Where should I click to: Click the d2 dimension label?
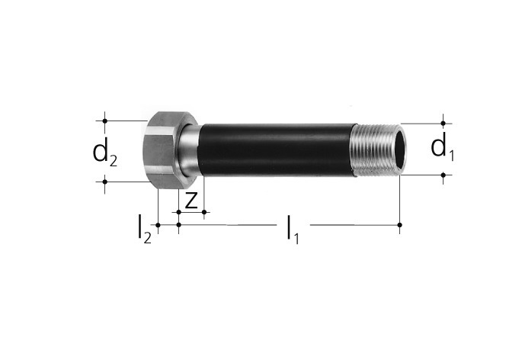pyautogui.click(x=105, y=153)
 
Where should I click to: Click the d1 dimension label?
pyautogui.click(x=443, y=147)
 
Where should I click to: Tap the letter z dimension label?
pyautogui.click(x=191, y=200)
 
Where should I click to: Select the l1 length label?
pyautogui.click(x=293, y=230)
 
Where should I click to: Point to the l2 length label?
pyautogui.click(x=145, y=230)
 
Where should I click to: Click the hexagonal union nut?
pyautogui.click(x=163, y=150)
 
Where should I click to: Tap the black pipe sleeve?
pyautogui.click(x=277, y=149)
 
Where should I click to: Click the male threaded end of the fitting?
pyautogui.click(x=379, y=149)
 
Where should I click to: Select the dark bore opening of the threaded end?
pyautogui.click(x=400, y=149)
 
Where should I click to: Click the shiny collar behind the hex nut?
pyautogui.click(x=190, y=149)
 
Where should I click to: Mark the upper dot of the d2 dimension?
pyautogui.click(x=105, y=121)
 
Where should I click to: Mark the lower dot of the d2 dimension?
pyautogui.click(x=105, y=182)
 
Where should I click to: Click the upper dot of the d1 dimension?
pyautogui.click(x=443, y=124)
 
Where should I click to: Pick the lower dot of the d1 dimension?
pyautogui.click(x=443, y=175)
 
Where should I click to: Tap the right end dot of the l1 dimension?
pyautogui.click(x=400, y=225)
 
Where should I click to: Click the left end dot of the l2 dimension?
pyautogui.click(x=159, y=225)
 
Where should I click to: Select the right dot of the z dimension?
pyautogui.click(x=204, y=212)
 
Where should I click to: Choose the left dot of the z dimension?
pyautogui.click(x=179, y=212)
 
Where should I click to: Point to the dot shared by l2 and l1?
pyautogui.click(x=179, y=225)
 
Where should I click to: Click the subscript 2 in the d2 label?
pyautogui.click(x=114, y=162)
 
